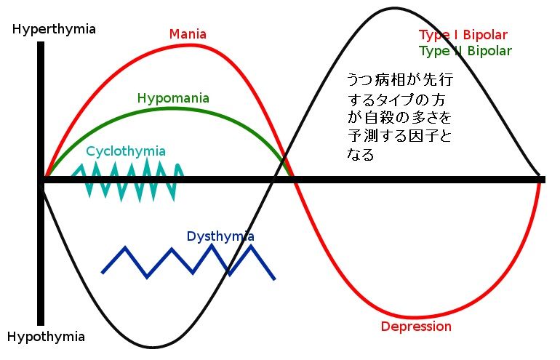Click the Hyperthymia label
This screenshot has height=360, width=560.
coord(53,30)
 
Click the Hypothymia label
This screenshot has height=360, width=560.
coord(47,337)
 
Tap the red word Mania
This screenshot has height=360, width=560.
coord(188,34)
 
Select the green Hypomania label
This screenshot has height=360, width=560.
coord(173,98)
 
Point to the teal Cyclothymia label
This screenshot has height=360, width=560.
coord(126,151)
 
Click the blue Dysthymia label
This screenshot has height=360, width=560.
coord(220,236)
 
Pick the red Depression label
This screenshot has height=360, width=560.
coord(416,327)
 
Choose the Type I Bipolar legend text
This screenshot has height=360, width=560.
coord(463,35)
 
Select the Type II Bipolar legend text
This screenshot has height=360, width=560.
coord(465,51)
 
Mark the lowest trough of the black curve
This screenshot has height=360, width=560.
coord(151,347)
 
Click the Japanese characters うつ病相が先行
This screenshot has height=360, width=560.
coord(393,79)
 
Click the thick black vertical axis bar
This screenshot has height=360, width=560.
coord(41,182)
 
